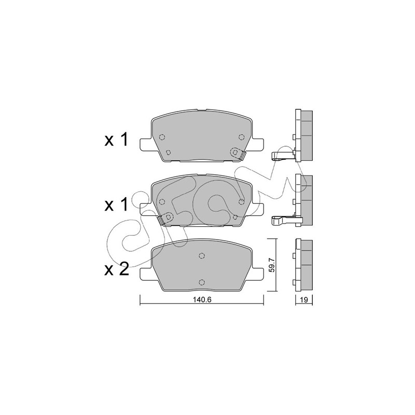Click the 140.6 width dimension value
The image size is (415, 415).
pyautogui.click(x=202, y=300)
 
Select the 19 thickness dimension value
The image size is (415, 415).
pyautogui.click(x=304, y=300)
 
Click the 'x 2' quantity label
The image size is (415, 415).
pyautogui.click(x=116, y=269)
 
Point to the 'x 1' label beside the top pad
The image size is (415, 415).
pyautogui.click(x=116, y=140)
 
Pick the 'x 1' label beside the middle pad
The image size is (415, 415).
pyautogui.click(x=116, y=204)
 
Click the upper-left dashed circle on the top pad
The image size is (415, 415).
pyautogui.click(x=162, y=137)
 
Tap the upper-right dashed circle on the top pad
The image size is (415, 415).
pyautogui.click(x=241, y=137)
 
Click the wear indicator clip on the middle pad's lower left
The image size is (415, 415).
pyautogui.click(x=165, y=218)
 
